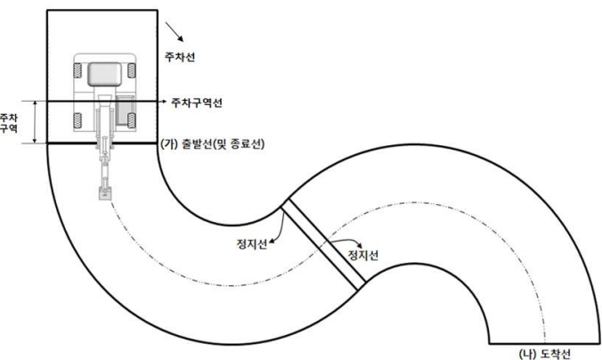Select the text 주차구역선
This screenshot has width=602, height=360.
tap(197, 102)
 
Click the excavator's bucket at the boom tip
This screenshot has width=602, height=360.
tap(104, 192)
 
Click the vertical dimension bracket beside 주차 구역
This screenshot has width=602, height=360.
tap(33, 122)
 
